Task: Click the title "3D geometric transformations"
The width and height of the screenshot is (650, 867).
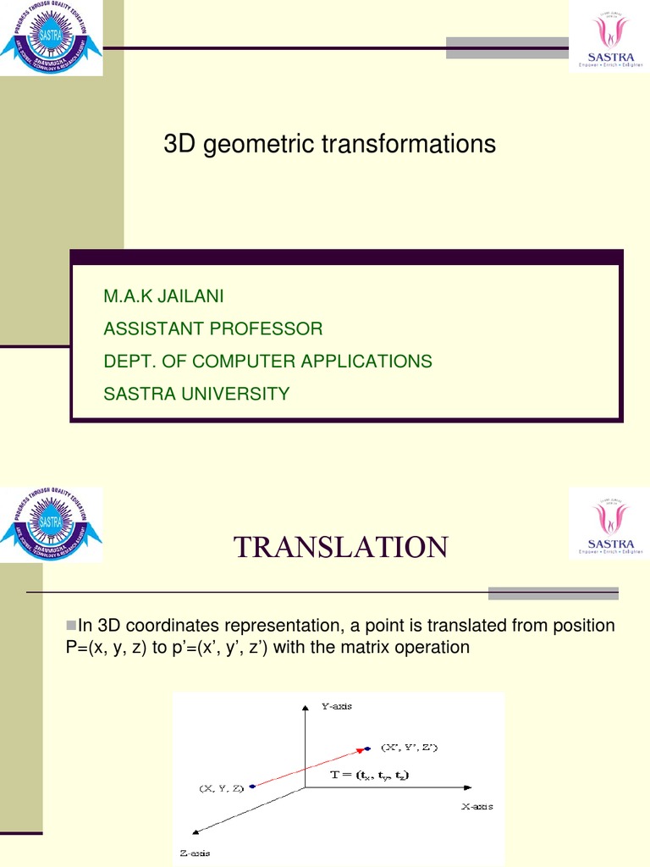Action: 329,145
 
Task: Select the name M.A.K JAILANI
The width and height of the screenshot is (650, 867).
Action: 164,296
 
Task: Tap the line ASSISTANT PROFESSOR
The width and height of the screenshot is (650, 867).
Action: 212,329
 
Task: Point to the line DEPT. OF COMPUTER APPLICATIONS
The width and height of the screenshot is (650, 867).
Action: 267,362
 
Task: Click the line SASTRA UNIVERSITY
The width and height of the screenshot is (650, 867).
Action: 196,394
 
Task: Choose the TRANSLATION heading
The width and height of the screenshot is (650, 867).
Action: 340,548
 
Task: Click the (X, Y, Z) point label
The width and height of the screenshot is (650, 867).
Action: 221,788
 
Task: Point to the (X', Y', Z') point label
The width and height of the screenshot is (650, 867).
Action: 410,747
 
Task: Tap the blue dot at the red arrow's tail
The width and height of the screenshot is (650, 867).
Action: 253,787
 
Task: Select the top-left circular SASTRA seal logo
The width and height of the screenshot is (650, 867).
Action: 51,38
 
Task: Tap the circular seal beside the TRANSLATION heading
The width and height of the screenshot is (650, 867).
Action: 51,525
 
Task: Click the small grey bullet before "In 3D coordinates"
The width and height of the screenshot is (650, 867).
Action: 71,625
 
